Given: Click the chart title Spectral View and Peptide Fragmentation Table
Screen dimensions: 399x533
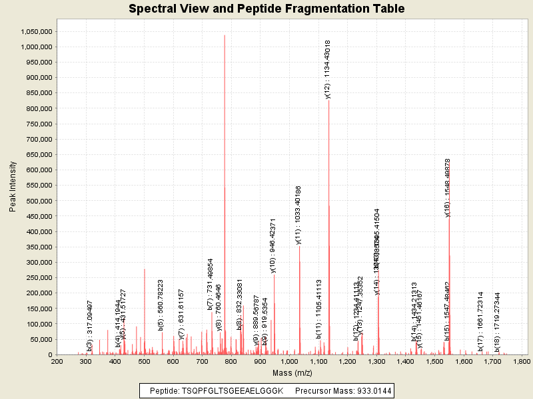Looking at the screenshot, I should [x=266, y=9].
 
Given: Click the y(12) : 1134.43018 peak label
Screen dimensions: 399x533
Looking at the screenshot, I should [x=328, y=69].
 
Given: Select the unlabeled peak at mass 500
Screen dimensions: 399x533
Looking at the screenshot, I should [x=145, y=306].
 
